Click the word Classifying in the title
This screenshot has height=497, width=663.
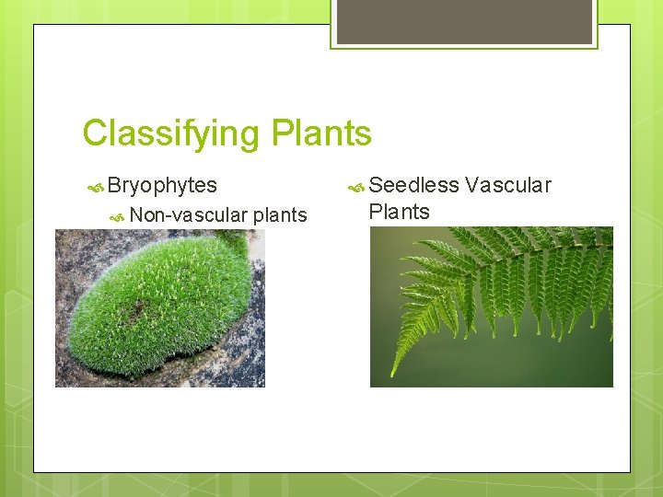[x=172, y=134]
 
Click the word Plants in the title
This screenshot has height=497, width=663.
[x=321, y=134]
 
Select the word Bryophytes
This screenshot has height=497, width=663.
[x=162, y=185]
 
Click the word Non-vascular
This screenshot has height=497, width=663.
[x=189, y=215]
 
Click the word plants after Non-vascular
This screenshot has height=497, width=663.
[x=280, y=215]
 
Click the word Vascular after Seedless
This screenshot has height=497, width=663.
[x=508, y=185]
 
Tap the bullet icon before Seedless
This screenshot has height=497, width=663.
[x=355, y=187]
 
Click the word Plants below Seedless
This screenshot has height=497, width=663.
[x=399, y=212]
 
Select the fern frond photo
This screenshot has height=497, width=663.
[x=491, y=306]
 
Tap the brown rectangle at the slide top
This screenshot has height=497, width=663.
[x=464, y=21]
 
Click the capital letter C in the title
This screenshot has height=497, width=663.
[x=94, y=134]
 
